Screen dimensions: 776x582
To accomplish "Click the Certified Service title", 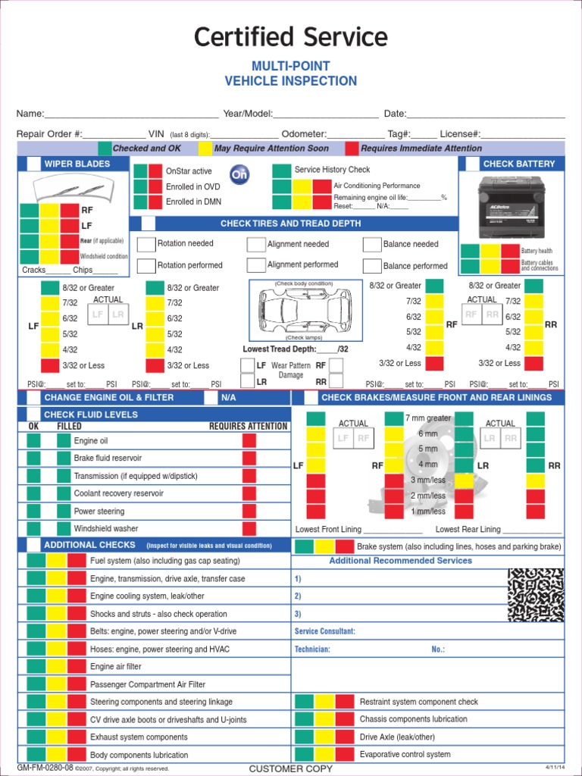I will (290, 37).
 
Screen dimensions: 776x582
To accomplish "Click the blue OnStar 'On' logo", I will (239, 175).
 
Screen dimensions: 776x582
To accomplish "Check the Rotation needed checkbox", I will (146, 244).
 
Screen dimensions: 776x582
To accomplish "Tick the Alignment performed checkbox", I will (256, 264).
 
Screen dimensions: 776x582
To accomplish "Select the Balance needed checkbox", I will (371, 244).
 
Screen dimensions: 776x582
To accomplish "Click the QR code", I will (536, 595).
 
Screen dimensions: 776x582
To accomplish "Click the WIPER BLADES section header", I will (77, 164).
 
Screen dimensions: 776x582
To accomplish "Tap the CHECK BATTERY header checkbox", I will (471, 164).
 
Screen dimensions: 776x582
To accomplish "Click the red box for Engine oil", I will (249, 441).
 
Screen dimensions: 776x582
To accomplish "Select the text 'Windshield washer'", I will (106, 529).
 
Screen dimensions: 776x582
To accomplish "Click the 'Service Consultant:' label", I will (324, 631).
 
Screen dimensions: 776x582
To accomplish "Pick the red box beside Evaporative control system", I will (344, 755).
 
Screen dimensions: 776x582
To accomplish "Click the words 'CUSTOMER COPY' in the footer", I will (290, 769).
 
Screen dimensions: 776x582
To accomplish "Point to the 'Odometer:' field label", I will (304, 134).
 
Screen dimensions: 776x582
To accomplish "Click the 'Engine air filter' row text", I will (116, 667).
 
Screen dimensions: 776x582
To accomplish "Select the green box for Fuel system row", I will (36, 561).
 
